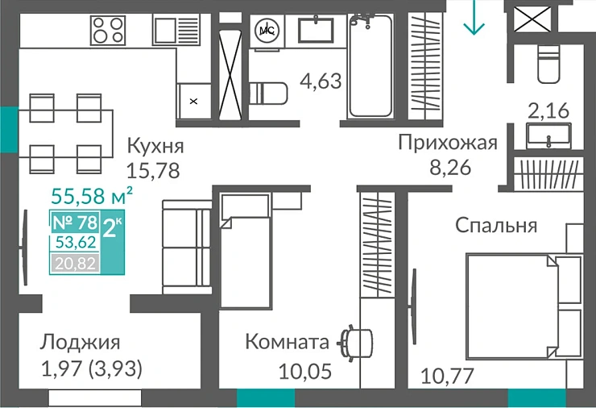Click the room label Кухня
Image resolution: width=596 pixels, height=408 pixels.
155,146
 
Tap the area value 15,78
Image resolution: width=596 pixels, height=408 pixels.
152,170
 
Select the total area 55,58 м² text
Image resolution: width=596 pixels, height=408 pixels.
91,194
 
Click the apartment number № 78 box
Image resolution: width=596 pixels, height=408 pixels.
75,222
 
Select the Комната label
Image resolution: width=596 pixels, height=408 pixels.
287,342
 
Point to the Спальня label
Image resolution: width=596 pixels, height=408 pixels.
495,225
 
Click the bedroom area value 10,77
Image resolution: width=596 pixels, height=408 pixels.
448,375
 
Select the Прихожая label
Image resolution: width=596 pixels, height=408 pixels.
448,143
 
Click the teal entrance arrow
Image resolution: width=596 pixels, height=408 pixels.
474,19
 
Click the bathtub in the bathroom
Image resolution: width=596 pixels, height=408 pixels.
370,68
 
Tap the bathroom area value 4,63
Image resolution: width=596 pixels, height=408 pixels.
321,81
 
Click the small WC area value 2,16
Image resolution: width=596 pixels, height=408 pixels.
548,110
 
